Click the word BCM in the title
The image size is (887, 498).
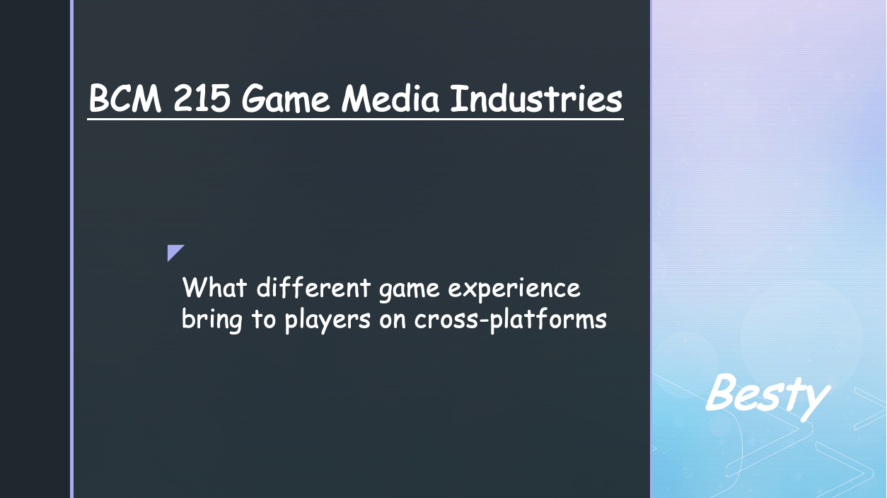pos(125,98)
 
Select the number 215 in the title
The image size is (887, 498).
pos(202,98)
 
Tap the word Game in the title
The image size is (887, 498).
pos(286,99)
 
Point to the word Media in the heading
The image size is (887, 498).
pos(390,98)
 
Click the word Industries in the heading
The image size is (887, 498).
pos(536,98)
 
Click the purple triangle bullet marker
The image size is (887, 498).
pos(173,251)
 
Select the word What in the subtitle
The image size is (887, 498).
pos(214,287)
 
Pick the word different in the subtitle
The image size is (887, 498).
pos(313,287)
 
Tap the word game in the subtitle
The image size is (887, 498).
pos(409,291)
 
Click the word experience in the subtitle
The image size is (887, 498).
pos(514,289)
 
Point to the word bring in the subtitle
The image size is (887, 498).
pos(212,320)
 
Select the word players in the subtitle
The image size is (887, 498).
pos(327,320)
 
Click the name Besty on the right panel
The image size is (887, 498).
pos(767,397)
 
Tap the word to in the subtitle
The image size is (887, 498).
pos(264,319)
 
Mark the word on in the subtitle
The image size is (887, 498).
pos(393,321)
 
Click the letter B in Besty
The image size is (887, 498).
pos(721,392)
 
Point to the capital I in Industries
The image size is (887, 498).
pos(459,98)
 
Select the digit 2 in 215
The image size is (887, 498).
pos(182,98)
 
